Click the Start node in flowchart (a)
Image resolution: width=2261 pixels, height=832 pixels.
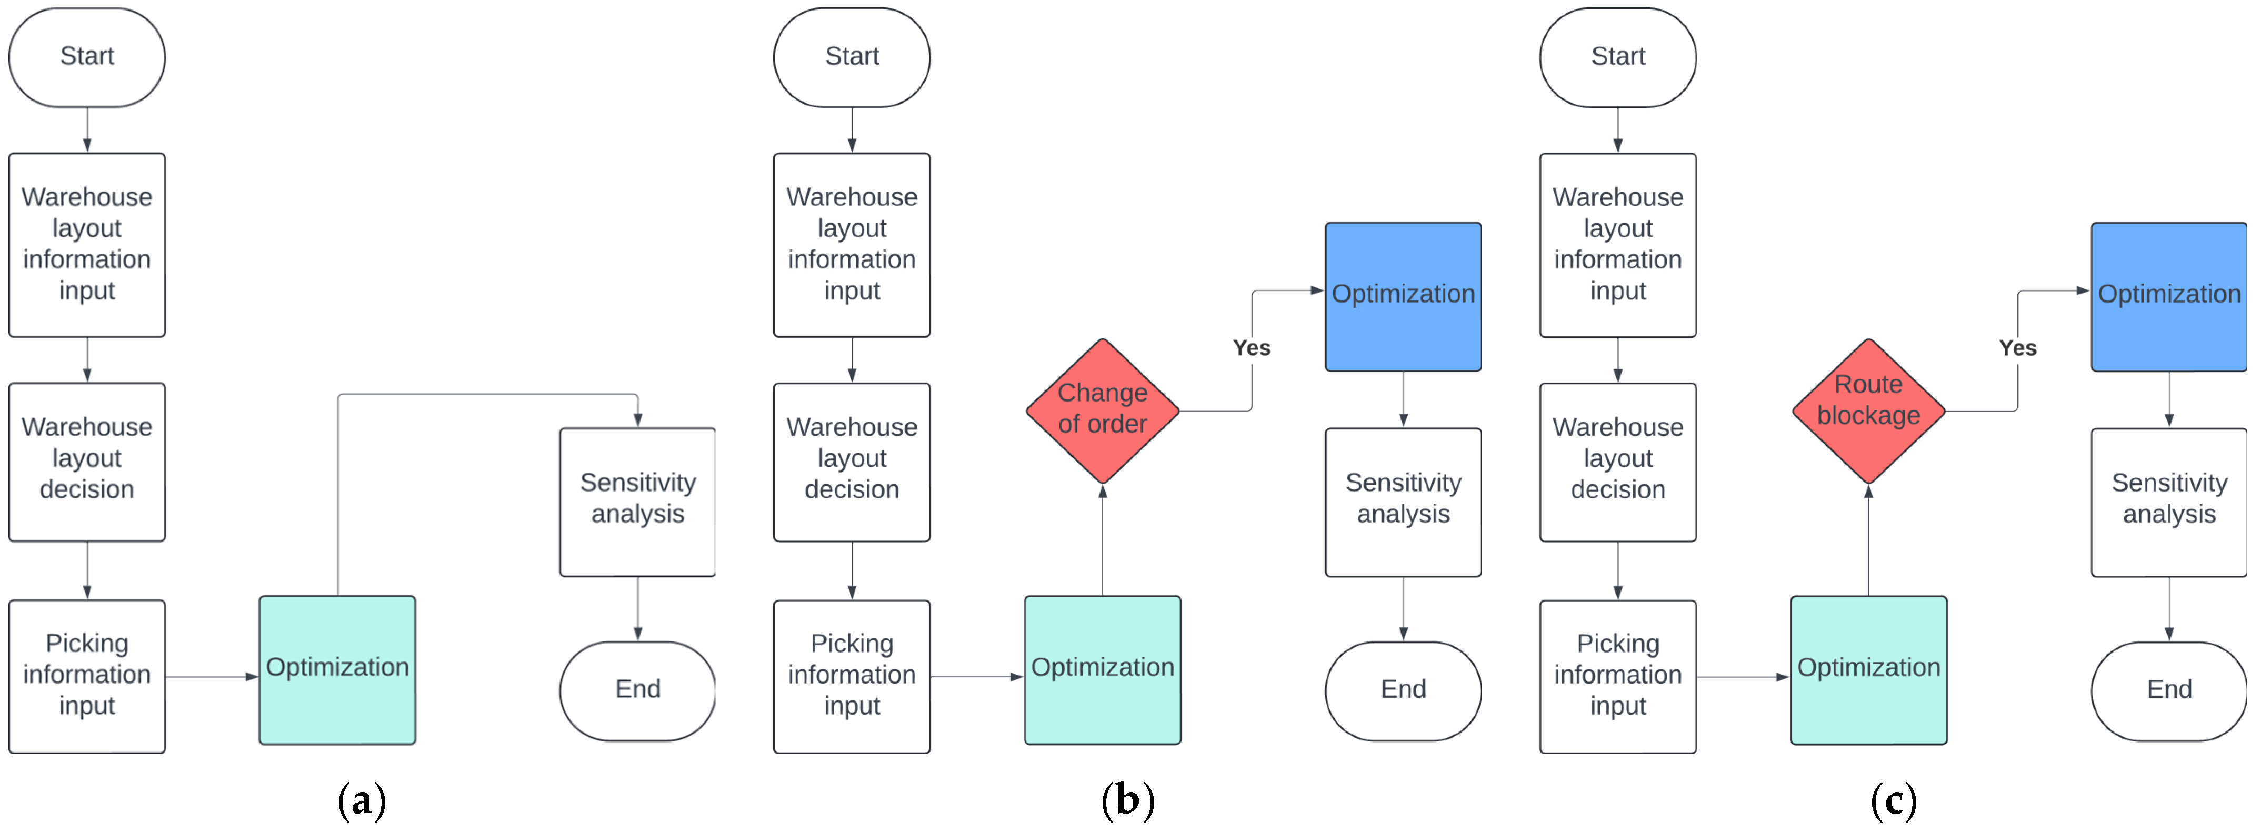click(87, 57)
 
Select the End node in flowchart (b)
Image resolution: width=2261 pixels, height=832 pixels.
click(1403, 690)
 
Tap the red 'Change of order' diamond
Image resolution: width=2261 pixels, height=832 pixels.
click(1103, 410)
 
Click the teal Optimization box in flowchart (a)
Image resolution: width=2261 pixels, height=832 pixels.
click(337, 669)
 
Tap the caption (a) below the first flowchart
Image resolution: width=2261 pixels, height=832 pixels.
click(362, 800)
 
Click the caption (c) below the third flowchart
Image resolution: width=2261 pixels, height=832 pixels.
click(1893, 800)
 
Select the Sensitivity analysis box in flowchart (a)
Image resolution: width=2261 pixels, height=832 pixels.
click(637, 501)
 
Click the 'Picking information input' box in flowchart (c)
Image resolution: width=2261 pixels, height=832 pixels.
click(1618, 676)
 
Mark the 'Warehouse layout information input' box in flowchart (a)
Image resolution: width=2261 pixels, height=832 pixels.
click(87, 245)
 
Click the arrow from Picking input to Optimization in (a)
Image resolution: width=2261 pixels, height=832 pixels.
click(211, 677)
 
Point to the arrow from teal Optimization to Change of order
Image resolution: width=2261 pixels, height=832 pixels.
click(1103, 540)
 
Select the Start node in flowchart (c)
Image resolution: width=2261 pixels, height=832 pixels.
click(1618, 57)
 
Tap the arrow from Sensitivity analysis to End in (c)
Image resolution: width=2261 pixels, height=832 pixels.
click(2169, 608)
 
